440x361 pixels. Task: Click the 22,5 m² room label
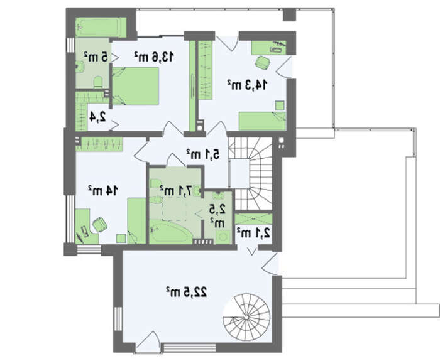[186, 292]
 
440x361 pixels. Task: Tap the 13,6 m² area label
[154, 57]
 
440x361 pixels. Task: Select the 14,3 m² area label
[247, 85]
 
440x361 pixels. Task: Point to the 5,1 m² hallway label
[203, 154]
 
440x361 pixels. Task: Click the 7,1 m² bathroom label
[176, 191]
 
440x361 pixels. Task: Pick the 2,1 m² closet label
[253, 233]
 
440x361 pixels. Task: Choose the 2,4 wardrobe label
[97, 117]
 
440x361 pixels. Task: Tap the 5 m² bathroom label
[96, 57]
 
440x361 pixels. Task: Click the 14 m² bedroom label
[103, 191]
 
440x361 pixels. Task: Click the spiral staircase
[246, 316]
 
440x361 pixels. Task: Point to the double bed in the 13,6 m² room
[136, 86]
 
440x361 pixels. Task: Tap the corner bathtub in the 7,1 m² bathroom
[168, 232]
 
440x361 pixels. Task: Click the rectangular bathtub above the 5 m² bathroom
[101, 27]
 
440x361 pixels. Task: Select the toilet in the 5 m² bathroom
[98, 82]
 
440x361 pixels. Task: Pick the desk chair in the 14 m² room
[99, 224]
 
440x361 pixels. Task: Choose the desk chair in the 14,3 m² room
[263, 63]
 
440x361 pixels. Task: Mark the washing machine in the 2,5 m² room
[223, 237]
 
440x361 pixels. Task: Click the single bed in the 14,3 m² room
[262, 121]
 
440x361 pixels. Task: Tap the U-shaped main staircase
[250, 173]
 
